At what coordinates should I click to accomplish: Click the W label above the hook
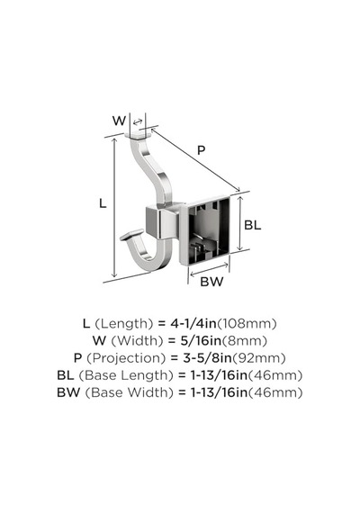point(119,121)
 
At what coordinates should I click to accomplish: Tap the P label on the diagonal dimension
point(202,150)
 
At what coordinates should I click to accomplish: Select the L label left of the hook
point(103,203)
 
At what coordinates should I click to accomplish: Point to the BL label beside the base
point(253,225)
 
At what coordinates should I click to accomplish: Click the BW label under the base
point(211,282)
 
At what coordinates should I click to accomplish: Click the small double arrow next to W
point(138,122)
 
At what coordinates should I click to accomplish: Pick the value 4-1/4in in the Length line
point(193,324)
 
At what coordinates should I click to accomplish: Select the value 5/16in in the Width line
point(201,341)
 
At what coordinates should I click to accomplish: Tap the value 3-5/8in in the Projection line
point(207,358)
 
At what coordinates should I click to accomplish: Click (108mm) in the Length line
point(247,324)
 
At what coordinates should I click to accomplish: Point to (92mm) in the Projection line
point(259,358)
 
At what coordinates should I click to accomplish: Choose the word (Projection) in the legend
point(126,358)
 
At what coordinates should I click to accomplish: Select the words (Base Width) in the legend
point(130,392)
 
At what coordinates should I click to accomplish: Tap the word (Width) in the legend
point(137,341)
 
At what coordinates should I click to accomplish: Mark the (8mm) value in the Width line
point(245,341)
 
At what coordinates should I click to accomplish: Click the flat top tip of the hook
point(139,135)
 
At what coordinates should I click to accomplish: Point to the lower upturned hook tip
point(131,234)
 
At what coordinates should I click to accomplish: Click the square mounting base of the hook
point(205,230)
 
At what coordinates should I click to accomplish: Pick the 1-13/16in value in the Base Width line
point(220,392)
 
